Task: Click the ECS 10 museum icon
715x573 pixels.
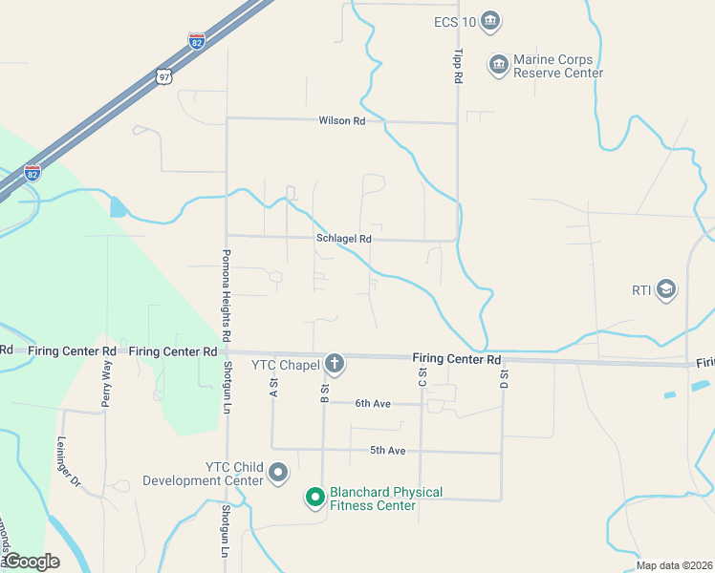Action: tap(490, 20)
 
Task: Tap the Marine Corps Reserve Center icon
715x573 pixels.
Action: tap(498, 65)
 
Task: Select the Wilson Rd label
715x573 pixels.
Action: tap(342, 121)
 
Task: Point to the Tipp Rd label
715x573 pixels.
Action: tap(457, 65)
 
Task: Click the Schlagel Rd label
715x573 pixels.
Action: tap(343, 239)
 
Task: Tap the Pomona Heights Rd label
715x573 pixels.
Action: tap(227, 296)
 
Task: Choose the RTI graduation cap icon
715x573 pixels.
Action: tap(666, 290)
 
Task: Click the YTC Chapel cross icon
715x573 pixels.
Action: tap(334, 363)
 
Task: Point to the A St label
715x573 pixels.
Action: tap(273, 387)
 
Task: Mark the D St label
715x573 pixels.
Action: tap(503, 379)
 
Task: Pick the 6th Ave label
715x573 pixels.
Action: tap(373, 404)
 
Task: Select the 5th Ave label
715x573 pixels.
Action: tap(388, 450)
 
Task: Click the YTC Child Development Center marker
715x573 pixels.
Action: tap(278, 473)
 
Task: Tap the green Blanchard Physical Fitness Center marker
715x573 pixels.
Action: tap(314, 498)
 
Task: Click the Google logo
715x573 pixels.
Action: tap(31, 562)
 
